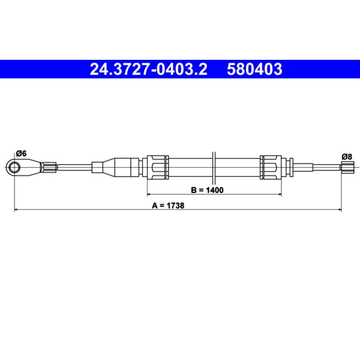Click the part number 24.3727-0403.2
click(148, 69)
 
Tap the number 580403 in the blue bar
click(254, 69)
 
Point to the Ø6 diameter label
click(21, 153)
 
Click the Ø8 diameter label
click(346, 157)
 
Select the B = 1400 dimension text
click(207, 190)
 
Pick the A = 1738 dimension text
click(168, 206)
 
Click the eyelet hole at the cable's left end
click(14, 167)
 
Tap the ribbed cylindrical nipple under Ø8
click(347, 167)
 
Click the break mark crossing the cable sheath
click(214, 168)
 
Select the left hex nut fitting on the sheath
click(156, 167)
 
